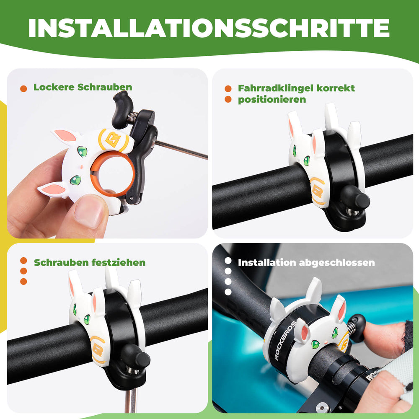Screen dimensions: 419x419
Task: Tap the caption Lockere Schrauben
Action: point(83,87)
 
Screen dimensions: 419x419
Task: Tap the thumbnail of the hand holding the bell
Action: point(107,153)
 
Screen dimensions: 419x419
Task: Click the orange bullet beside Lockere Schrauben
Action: point(24,88)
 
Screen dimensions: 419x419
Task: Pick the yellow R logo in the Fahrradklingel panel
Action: point(317,191)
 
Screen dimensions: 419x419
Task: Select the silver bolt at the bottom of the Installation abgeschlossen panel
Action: point(322,406)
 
